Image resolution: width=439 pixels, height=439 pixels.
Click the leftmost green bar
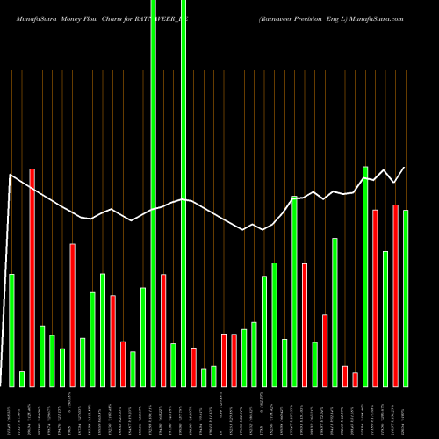[11, 330]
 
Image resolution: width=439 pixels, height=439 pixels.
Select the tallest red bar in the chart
[32, 277]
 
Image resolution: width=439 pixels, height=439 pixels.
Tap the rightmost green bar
[406, 299]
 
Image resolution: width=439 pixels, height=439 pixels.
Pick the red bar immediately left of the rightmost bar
[395, 295]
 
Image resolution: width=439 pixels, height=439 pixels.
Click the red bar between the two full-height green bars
[163, 330]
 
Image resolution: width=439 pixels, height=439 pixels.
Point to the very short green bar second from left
[22, 378]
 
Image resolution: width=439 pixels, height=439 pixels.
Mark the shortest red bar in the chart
[355, 379]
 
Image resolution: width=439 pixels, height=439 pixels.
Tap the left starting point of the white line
[10, 176]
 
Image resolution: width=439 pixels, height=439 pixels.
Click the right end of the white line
[405, 167]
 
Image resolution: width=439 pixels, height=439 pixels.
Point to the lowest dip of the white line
[243, 230]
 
